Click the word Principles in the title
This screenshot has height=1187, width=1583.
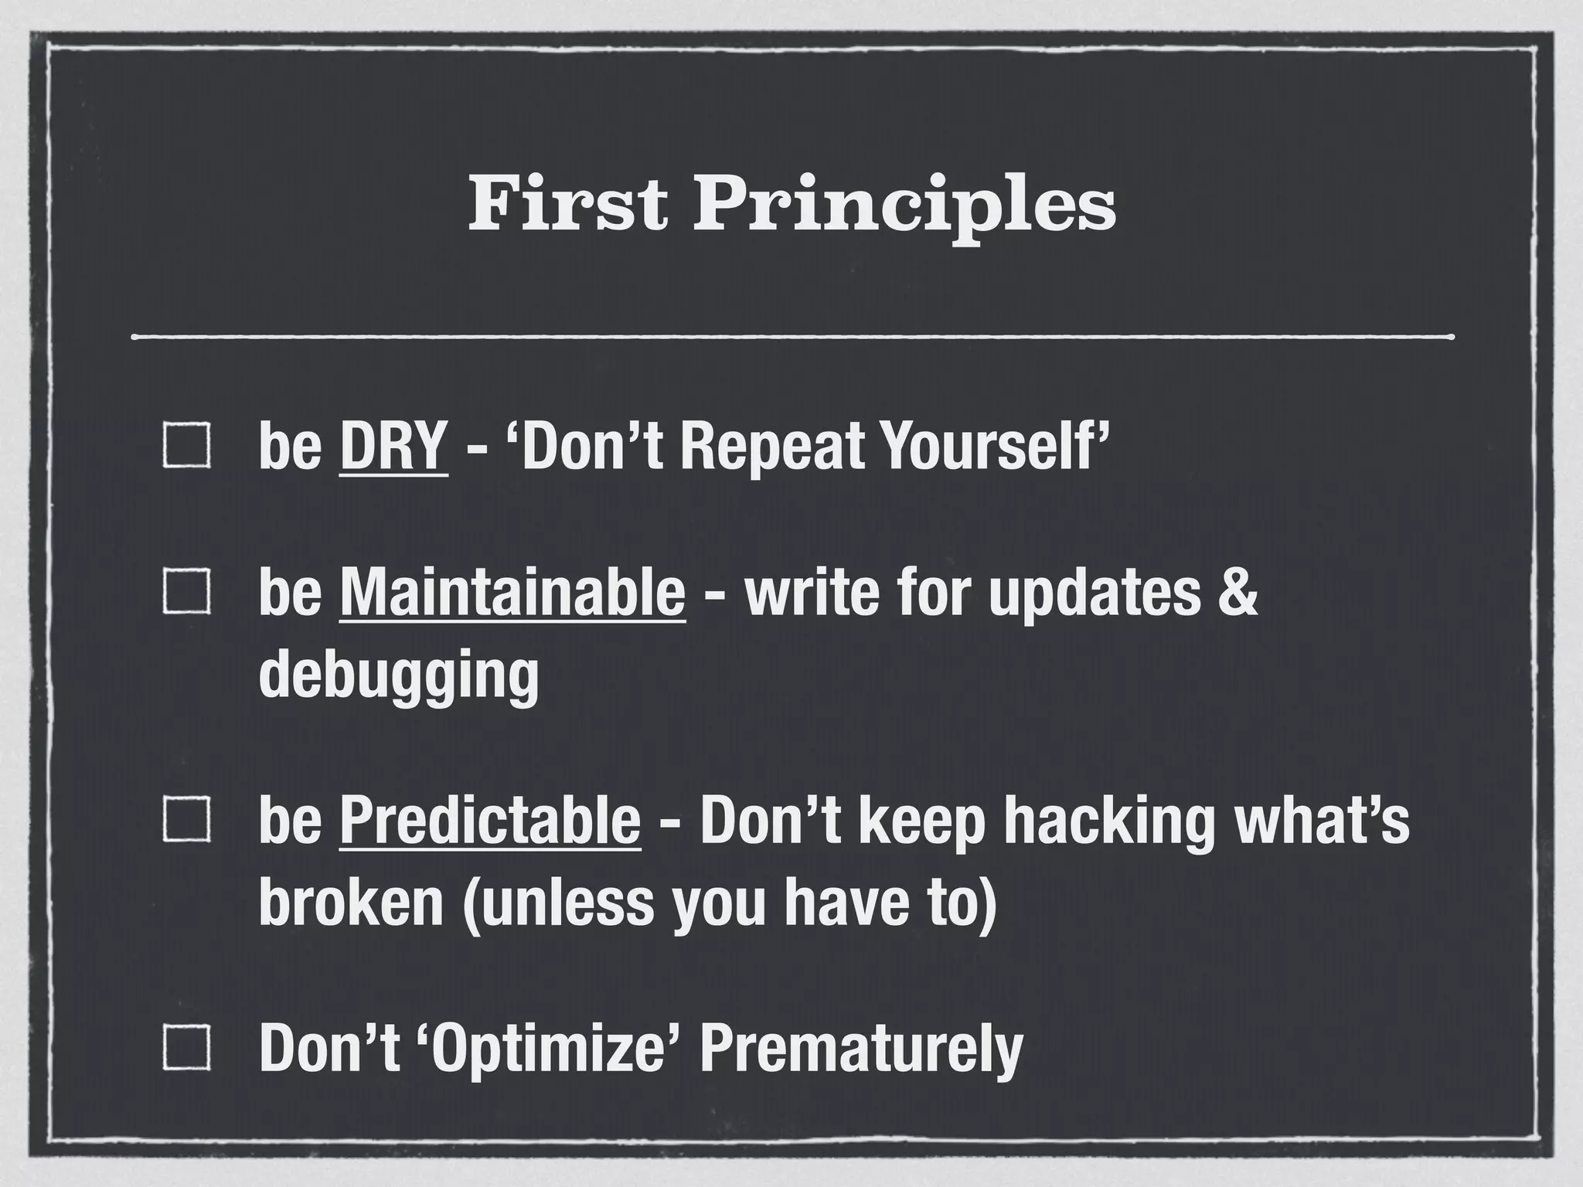(904, 206)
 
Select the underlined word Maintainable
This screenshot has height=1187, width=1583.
(512, 592)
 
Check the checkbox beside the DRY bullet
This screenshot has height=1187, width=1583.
(186, 446)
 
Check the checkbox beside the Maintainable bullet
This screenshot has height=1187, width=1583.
(186, 592)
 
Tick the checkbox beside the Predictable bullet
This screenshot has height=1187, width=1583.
(186, 821)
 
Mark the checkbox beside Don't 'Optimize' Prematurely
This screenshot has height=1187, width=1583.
(186, 1048)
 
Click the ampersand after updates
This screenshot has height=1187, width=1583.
(1239, 592)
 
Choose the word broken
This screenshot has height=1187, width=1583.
(351, 903)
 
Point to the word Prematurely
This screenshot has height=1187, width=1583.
(860, 1048)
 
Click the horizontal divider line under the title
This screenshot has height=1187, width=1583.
(791, 337)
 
